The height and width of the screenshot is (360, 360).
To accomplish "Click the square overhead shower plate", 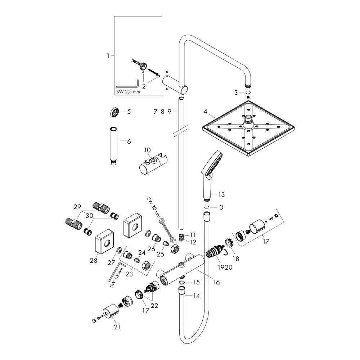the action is click(248, 129).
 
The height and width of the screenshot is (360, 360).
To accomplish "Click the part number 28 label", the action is click(94, 260).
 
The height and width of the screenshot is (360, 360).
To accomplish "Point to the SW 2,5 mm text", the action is click(128, 92).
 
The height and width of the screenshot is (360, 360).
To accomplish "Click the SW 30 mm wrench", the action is click(167, 230).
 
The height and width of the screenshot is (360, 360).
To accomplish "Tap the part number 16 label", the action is click(216, 282).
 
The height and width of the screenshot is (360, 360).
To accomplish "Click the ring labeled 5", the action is click(114, 112).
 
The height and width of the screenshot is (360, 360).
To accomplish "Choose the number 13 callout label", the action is click(221, 194).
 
